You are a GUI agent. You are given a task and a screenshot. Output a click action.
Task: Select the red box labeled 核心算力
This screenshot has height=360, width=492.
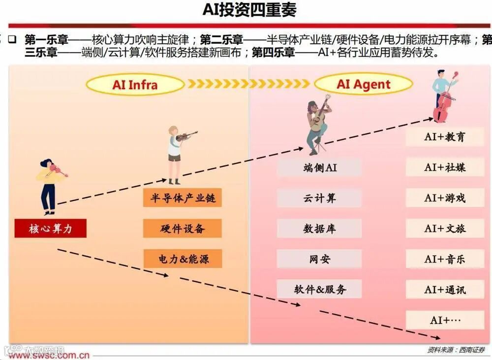coord(50,229)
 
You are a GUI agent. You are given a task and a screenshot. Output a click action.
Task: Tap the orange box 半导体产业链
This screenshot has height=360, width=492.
coord(183,198)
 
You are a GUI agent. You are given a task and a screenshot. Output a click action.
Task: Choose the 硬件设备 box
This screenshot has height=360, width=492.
coord(183,229)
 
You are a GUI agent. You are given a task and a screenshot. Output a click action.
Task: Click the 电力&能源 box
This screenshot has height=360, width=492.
coord(183,259)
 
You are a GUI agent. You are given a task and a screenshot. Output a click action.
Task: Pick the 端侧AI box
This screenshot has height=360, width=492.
coord(319,167)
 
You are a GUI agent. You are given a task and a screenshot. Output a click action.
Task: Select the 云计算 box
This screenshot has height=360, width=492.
coord(319,198)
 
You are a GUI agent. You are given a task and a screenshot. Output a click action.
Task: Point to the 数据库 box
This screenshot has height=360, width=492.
coord(319,229)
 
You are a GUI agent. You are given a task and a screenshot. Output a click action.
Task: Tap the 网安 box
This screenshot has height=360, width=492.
coord(319,259)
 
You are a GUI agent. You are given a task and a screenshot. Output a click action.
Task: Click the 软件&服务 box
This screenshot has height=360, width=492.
coord(319,289)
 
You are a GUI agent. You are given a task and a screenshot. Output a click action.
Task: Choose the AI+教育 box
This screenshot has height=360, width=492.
coord(444,137)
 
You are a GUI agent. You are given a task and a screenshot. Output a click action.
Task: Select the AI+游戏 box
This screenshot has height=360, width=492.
coord(444,198)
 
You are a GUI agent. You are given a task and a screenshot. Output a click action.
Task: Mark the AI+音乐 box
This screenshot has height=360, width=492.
coord(444,259)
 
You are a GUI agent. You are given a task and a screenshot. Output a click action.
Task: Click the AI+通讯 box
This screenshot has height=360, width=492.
coord(444,289)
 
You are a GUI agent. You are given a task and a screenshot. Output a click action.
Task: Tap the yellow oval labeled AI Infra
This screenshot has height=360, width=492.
coord(135,84)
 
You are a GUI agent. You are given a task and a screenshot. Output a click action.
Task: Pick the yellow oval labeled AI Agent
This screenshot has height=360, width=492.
coord(363,84)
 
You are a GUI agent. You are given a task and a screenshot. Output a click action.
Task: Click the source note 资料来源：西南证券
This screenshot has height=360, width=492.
coord(456,350)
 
